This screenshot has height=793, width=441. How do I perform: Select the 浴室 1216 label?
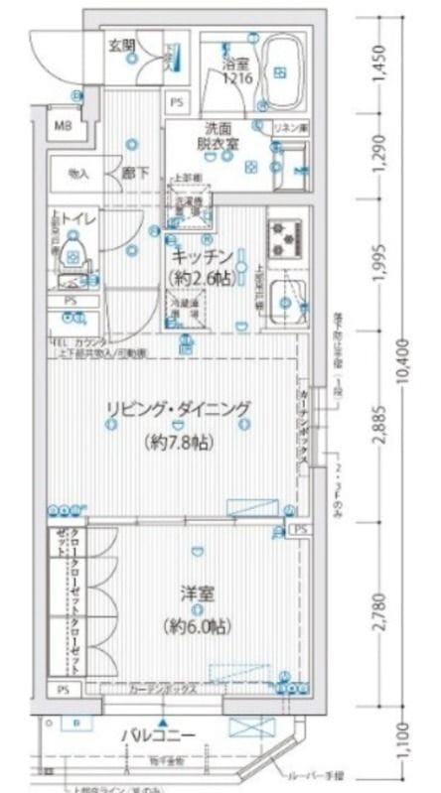(x=235, y=70)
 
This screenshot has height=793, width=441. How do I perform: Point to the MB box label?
(x=62, y=125)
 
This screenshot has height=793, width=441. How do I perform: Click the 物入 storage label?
(x=77, y=173)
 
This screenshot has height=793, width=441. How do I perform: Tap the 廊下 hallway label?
(x=135, y=173)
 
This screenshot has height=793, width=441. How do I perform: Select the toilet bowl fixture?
(x=72, y=252)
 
